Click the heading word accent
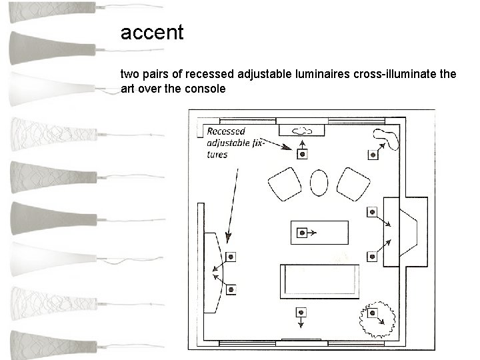pos(151,32)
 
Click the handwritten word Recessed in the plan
pos(226,131)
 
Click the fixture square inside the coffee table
pos(302,233)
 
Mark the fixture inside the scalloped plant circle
pos(373,313)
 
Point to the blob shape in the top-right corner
pos(387,138)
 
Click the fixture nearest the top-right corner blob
pos(373,155)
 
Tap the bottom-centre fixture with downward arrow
pos(301,312)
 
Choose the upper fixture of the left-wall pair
pos(231,257)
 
